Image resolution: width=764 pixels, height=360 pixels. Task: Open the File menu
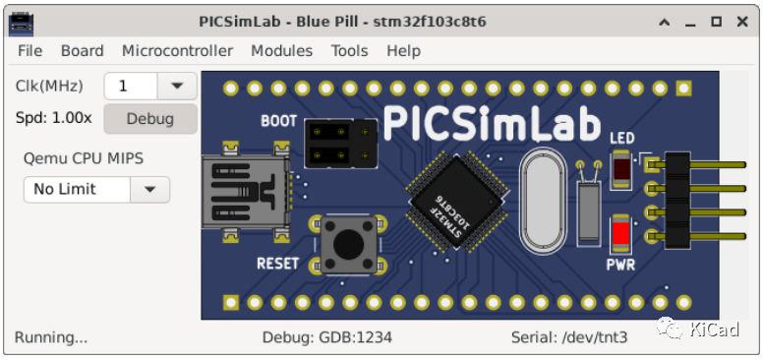(29, 51)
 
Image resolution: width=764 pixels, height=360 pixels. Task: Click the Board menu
(82, 51)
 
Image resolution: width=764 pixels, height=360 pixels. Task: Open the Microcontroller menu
(177, 51)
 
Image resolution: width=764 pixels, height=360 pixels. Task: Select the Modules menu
(281, 51)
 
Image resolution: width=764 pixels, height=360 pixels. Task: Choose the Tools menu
(349, 51)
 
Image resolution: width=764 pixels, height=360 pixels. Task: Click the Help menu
(403, 51)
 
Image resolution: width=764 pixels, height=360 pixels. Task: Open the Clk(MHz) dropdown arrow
(177, 86)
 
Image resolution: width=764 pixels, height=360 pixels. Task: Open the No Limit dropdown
(149, 189)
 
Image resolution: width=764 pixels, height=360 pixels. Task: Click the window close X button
(742, 21)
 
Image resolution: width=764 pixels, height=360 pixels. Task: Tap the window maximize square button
(716, 21)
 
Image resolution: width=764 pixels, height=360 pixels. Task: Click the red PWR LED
(621, 234)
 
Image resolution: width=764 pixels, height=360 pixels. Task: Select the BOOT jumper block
(340, 144)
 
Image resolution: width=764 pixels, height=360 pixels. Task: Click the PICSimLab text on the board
(491, 124)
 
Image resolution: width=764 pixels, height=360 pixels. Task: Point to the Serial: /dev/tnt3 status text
(569, 337)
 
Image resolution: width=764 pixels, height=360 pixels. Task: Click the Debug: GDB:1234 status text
(327, 337)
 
